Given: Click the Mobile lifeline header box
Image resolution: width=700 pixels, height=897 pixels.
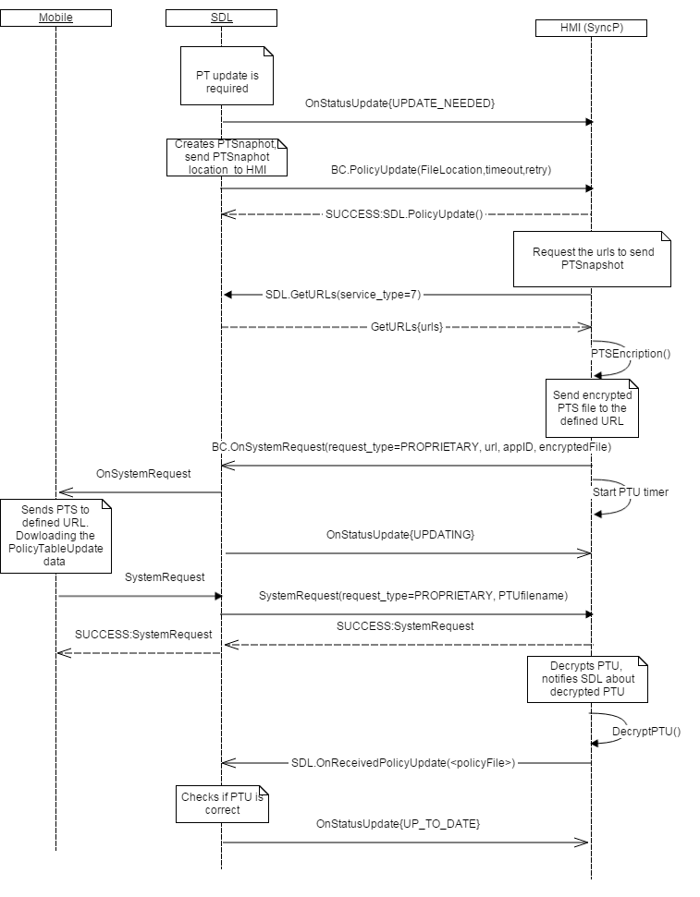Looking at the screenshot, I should tap(55, 18).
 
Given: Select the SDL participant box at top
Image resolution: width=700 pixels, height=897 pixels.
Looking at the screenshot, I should tap(221, 18).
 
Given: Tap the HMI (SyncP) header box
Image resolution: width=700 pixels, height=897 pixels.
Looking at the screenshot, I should tap(590, 28).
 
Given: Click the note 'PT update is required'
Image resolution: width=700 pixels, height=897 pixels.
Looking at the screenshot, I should tap(221, 76).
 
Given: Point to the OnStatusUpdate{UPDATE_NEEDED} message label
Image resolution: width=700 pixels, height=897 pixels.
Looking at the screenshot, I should tap(399, 104).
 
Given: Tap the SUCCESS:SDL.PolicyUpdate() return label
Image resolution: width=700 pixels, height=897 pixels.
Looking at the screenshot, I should tap(404, 213).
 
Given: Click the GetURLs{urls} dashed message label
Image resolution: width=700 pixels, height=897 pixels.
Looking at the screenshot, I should tap(407, 326).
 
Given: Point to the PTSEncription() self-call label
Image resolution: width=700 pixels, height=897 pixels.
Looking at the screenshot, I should tap(631, 353).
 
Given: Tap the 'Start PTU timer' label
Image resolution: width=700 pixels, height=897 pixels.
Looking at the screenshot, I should tap(631, 492).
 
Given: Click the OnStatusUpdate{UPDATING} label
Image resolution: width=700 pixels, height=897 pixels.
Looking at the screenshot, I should tap(399, 535).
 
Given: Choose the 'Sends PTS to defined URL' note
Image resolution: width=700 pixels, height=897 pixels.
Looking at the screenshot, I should tap(55, 535).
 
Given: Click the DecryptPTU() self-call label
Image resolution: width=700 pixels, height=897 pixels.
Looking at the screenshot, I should tap(645, 732).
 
